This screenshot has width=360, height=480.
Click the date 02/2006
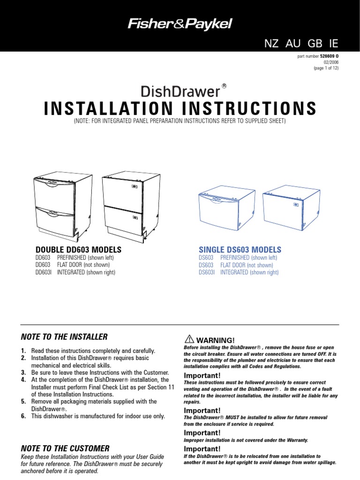click(x=330, y=62)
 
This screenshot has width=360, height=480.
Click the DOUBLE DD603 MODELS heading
click(x=79, y=249)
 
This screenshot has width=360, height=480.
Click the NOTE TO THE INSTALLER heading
click(x=64, y=337)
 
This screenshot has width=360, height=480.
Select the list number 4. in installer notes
click(x=23, y=380)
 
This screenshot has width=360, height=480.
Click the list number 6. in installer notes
click(x=23, y=416)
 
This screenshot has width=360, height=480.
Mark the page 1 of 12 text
click(x=326, y=67)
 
